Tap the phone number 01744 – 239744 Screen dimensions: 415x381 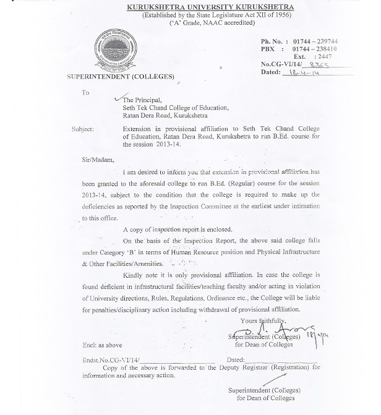[x=315, y=41]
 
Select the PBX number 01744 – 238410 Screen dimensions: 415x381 [x=315, y=49]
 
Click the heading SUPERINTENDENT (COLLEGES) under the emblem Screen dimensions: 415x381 [x=121, y=77]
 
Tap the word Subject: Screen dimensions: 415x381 [x=82, y=129]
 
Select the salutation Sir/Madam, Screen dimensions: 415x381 [x=98, y=160]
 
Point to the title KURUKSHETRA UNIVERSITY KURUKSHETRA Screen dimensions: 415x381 [x=210, y=7]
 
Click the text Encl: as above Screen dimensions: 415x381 [x=103, y=345]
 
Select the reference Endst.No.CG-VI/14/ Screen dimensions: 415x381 [x=111, y=359]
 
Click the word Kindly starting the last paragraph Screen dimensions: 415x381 [x=134, y=275]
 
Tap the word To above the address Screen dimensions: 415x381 [x=85, y=93]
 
